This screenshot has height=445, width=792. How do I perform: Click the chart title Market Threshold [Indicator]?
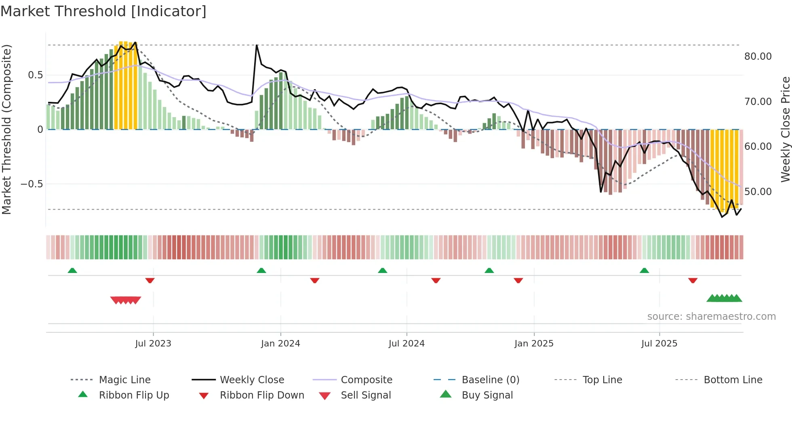point(103,11)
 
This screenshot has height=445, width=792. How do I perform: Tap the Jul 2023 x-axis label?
point(153,344)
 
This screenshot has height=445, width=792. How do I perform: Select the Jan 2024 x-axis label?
point(280,344)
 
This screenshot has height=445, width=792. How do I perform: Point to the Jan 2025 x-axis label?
point(534,344)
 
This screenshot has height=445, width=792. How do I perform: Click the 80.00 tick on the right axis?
point(758,57)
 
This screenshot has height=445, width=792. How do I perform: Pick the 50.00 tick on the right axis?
point(758,192)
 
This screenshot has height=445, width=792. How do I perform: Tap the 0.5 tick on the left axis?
point(35,75)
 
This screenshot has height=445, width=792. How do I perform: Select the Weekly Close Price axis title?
point(785,129)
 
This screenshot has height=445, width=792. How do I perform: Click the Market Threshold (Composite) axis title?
point(6,129)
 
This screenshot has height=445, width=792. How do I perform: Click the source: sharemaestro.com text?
point(711,317)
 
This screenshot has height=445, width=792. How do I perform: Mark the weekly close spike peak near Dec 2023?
point(257,45)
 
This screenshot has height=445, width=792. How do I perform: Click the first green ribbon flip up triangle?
point(72,270)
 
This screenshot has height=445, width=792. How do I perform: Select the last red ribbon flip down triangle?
point(693,280)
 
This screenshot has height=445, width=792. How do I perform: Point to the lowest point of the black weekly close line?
point(722,217)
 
